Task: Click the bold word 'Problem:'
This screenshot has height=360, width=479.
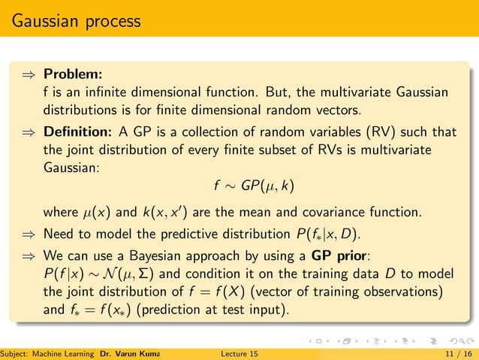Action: coord(73,75)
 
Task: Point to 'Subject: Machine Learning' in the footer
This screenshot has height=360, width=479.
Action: coord(47,352)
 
